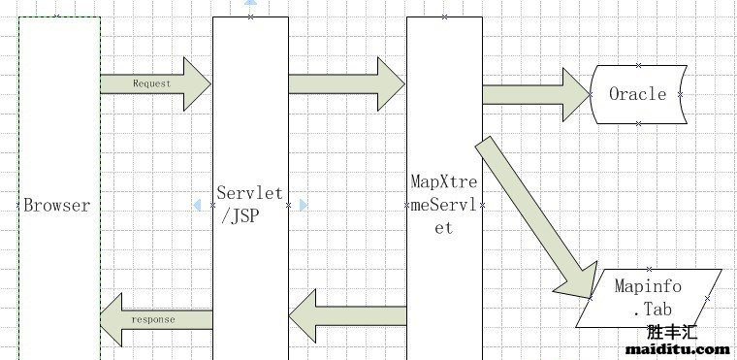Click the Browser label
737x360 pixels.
[x=56, y=206]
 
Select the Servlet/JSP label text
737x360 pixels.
[x=250, y=205]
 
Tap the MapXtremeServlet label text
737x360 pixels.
[x=443, y=205]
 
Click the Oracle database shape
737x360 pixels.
[x=638, y=94]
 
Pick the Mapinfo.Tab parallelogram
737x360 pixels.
[x=648, y=297]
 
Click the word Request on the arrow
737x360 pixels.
[x=151, y=83]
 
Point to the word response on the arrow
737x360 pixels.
[x=152, y=318]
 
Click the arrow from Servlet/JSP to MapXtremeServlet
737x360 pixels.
[x=347, y=83]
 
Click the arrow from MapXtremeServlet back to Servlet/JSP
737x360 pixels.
[x=346, y=312]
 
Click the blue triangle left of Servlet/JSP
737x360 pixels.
[x=198, y=205]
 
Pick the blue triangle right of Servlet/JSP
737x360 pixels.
[x=303, y=205]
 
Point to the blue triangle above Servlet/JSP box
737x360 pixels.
[x=250, y=3]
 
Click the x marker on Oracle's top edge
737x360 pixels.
[x=638, y=65]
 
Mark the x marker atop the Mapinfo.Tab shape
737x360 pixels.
[x=648, y=269]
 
